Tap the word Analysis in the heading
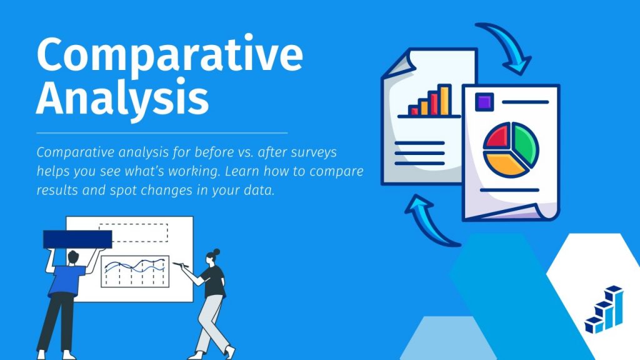(x=122, y=99)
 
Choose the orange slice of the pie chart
(x=506, y=161)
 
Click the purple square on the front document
(x=483, y=101)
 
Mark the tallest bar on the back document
(x=444, y=100)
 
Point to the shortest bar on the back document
(x=413, y=111)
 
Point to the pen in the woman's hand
(x=184, y=265)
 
